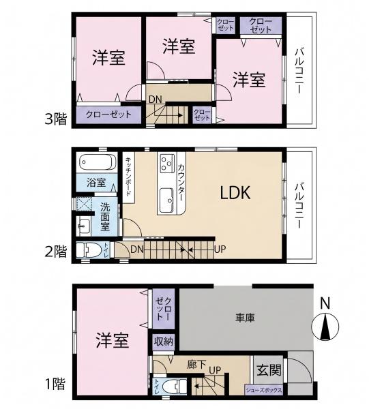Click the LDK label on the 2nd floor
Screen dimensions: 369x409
pos(235,193)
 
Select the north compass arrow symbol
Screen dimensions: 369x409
pos(325,327)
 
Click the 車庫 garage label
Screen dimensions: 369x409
pos(245,318)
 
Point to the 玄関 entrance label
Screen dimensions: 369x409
pos(269,370)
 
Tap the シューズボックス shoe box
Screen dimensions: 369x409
pos(264,390)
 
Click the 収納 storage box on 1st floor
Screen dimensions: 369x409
pos(164,342)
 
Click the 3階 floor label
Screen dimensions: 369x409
pos(56,119)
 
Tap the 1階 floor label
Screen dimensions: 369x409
pos(55,384)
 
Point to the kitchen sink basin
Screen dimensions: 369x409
pos(166,200)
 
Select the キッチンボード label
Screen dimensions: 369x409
pos(129,177)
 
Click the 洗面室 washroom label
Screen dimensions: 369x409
pos(106,217)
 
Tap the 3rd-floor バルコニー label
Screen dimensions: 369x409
pos(299,71)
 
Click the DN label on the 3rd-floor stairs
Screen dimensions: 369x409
pos(156,100)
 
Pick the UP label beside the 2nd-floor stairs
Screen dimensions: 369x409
pos(220,249)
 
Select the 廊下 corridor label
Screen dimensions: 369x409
pos(196,365)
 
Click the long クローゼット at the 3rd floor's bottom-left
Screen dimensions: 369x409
pos(108,115)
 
